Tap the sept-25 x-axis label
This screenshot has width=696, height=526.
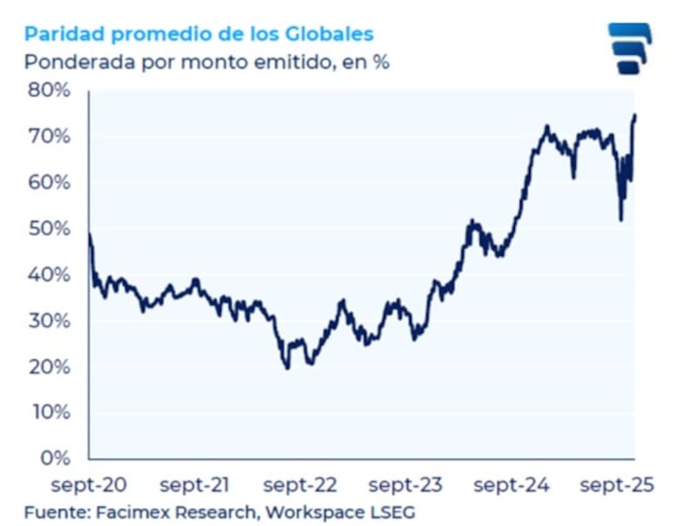point(617,484)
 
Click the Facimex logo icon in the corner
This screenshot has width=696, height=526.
point(629,49)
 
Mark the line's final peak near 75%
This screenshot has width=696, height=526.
point(635,115)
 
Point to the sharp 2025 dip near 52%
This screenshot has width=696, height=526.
point(620,219)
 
